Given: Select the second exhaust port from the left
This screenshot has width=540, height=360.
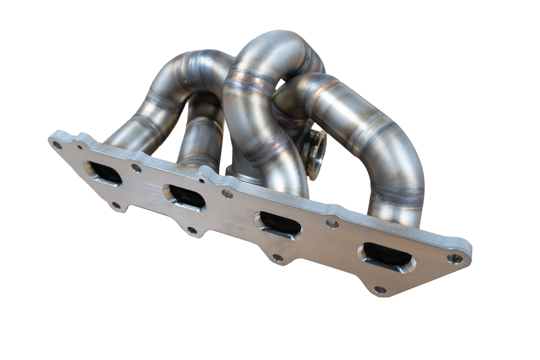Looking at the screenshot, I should coord(185,196).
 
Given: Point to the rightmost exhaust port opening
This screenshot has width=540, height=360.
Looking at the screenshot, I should coord(387,257).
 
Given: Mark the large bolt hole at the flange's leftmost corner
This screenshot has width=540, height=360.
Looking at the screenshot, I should coord(58,145).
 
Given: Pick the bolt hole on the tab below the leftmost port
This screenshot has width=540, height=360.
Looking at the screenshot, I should coord(116,205).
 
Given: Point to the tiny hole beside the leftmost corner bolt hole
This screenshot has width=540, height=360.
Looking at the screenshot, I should coord(80,147).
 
